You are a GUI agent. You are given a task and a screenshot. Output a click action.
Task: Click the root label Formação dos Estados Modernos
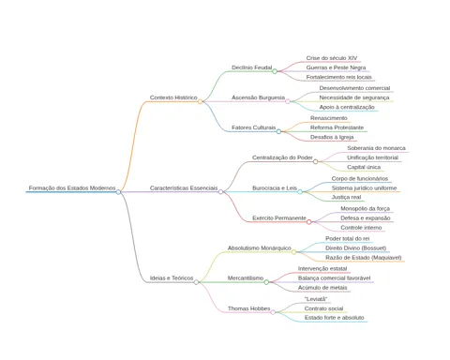point(72,187)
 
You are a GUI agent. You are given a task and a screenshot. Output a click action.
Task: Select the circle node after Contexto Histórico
point(200,101)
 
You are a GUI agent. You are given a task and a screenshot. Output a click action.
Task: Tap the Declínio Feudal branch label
point(252,67)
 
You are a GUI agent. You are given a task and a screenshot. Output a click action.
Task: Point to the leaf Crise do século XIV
point(332,58)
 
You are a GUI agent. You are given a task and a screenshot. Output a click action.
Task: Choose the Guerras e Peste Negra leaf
point(336,67)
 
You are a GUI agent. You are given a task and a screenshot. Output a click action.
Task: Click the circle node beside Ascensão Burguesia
point(288,101)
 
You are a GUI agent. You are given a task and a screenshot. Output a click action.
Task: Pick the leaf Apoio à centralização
point(347,107)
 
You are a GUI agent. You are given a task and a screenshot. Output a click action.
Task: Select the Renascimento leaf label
point(329,118)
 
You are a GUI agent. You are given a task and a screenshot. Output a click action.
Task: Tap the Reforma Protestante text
point(337,127)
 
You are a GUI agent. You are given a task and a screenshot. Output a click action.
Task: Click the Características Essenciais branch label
point(184,187)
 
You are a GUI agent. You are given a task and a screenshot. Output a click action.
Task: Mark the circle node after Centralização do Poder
point(315,161)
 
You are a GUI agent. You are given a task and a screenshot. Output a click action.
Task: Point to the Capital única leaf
point(364,167)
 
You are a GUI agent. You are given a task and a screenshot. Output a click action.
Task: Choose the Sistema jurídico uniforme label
point(364,187)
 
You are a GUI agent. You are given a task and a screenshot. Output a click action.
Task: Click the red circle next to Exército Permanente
point(309,222)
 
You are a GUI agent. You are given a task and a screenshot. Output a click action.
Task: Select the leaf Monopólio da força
point(365,208)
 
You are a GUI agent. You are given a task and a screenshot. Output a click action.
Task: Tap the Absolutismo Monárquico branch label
point(260,247)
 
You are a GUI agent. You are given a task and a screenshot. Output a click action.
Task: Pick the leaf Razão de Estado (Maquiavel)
point(364,258)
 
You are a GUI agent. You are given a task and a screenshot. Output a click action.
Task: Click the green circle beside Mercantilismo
point(266,282)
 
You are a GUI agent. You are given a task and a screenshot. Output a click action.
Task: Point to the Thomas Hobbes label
point(248,308)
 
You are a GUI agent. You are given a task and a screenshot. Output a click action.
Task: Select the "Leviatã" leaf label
point(316,299)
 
